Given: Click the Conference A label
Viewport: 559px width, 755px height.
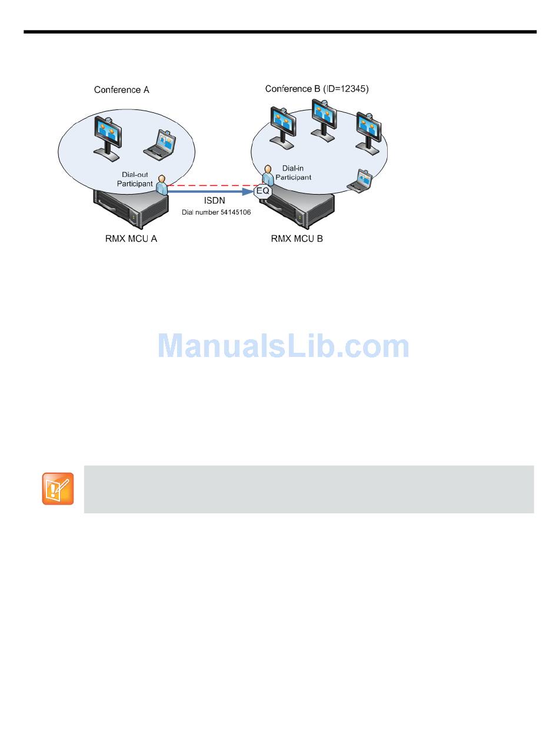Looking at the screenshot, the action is pos(121,90).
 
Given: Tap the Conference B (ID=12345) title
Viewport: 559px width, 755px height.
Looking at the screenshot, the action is pos(317,89).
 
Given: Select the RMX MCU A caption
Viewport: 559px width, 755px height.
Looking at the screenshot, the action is pos(127,239).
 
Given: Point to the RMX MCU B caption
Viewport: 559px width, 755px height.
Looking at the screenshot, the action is pos(297,239).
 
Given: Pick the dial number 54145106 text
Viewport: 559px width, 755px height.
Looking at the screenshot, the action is pos(216,212).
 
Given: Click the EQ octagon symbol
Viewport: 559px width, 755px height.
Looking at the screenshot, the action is pos(262,191).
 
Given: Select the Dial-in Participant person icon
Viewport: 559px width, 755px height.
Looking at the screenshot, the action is pos(268,175).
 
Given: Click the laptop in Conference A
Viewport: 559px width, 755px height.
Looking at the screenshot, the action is pos(159,145).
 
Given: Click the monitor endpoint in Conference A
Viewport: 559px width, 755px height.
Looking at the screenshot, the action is pos(108,134).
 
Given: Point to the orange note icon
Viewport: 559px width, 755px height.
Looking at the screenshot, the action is pos(58,489).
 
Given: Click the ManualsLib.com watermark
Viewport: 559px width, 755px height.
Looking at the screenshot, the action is pos(283,346).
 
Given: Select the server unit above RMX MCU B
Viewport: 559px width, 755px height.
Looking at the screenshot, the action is pos(300,209).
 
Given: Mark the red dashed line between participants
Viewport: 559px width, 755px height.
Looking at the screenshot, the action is pos(212,185).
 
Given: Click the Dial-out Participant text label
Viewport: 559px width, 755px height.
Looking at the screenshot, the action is pos(135,179).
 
